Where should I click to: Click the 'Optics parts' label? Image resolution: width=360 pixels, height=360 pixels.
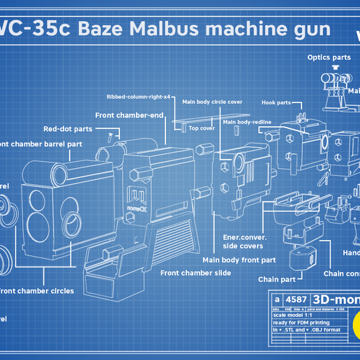329,57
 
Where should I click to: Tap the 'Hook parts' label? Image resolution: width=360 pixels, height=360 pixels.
276,103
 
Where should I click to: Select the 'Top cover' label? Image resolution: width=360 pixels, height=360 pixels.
202,128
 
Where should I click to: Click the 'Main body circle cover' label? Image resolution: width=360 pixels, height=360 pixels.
212,102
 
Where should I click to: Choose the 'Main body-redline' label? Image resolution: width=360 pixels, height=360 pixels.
247,122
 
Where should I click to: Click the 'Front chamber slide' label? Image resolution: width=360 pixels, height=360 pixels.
195,273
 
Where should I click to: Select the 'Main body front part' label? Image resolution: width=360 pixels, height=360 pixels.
239,260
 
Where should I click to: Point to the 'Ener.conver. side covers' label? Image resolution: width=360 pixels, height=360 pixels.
243,241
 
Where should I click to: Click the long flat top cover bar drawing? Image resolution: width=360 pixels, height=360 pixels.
194,121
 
